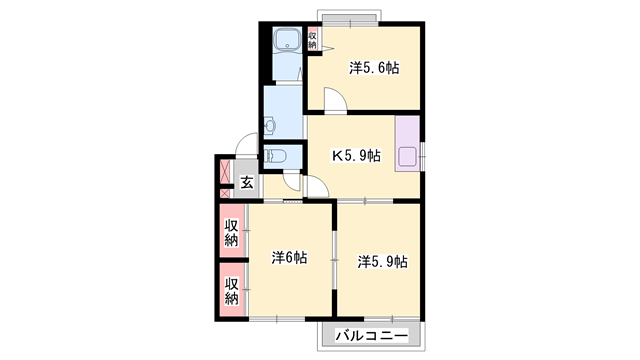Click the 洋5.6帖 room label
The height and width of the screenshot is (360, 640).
[374, 68]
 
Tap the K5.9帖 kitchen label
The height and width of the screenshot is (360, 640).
[356, 155]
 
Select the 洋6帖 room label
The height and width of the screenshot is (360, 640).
[289, 257]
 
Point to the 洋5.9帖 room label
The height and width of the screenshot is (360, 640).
[381, 261]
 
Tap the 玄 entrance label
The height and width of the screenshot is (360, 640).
[246, 183]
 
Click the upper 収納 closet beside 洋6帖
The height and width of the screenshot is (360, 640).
[231, 231]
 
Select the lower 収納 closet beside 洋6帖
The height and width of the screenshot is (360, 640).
[231, 290]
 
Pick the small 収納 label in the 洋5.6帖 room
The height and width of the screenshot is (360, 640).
[312, 41]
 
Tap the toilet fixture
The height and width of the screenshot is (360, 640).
[277, 156]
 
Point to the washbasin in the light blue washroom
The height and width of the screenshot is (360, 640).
[271, 126]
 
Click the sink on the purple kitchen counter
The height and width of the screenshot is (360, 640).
[408, 156]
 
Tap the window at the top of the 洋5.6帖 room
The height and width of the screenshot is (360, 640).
[348, 17]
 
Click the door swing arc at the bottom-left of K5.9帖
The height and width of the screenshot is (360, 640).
[313, 189]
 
